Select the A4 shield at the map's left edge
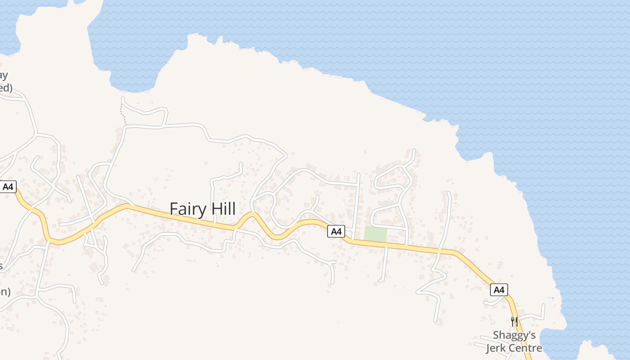(x=8, y=187)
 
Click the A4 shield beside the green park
(x=336, y=231)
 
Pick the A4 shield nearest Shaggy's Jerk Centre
(x=499, y=290)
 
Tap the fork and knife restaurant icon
(x=514, y=321)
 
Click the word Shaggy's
(x=514, y=336)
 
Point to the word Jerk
(x=498, y=348)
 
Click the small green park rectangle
(x=375, y=234)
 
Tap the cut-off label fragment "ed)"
(x=5, y=87)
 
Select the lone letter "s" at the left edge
(x=1, y=266)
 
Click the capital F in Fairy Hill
(x=174, y=209)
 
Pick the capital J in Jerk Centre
(x=489, y=348)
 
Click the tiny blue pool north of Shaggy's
(x=553, y=298)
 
